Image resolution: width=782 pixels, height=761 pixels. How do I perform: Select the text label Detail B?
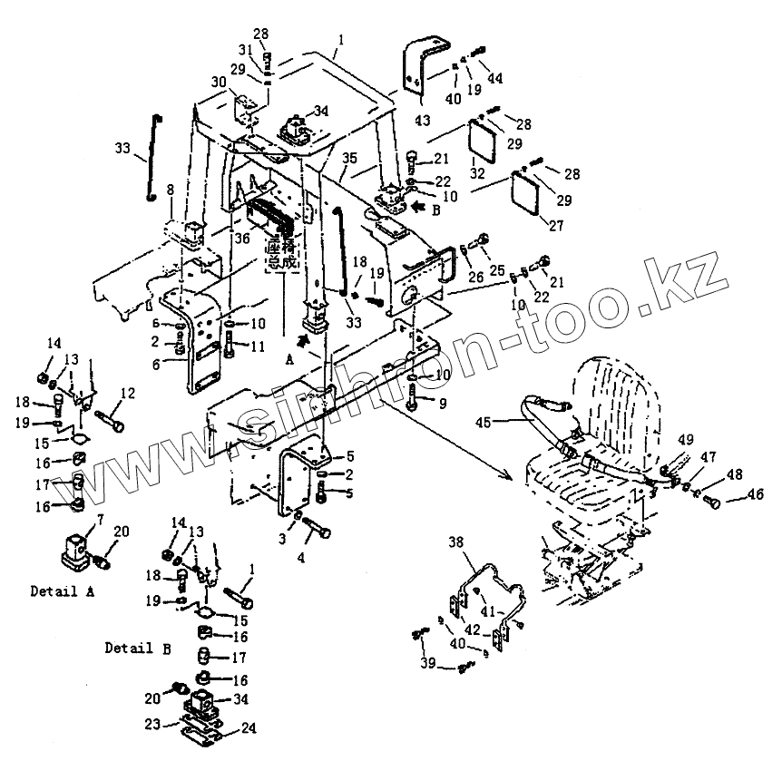tap(136, 648)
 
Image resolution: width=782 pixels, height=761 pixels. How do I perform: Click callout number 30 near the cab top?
tap(218, 82)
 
